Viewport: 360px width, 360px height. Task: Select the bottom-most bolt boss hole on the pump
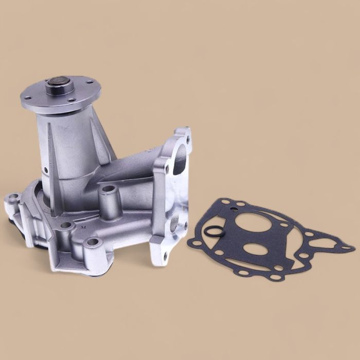pos(93,242)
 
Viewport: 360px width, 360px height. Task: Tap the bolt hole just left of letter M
pos(66,225)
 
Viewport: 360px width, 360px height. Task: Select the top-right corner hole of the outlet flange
pos(187,139)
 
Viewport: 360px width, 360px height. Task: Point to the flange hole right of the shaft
pos(88,82)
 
